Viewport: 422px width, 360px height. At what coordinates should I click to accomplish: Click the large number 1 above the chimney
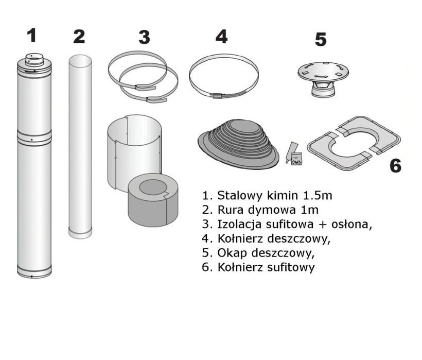click(x=32, y=36)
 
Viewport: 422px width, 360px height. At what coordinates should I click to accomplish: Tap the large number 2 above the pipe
click(x=79, y=37)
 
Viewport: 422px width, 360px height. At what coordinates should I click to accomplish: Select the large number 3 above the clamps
click(x=144, y=37)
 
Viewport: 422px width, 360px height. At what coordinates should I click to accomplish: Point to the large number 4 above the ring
click(x=221, y=37)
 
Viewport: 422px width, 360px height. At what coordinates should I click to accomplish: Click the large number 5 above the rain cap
click(x=321, y=39)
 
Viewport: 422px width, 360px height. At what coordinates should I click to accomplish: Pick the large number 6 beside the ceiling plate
click(x=395, y=166)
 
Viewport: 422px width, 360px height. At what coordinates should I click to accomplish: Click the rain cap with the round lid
click(x=323, y=79)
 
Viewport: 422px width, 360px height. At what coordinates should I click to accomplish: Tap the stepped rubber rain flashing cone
click(x=239, y=144)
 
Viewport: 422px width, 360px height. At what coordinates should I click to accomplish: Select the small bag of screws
click(x=296, y=159)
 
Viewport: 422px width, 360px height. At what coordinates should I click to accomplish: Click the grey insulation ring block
click(x=153, y=199)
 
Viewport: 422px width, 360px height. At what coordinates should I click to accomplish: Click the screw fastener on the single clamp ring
click(x=219, y=96)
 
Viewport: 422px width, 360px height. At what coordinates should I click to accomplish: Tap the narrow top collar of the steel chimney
click(x=34, y=60)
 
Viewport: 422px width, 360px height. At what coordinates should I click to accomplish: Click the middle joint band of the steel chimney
click(x=34, y=138)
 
